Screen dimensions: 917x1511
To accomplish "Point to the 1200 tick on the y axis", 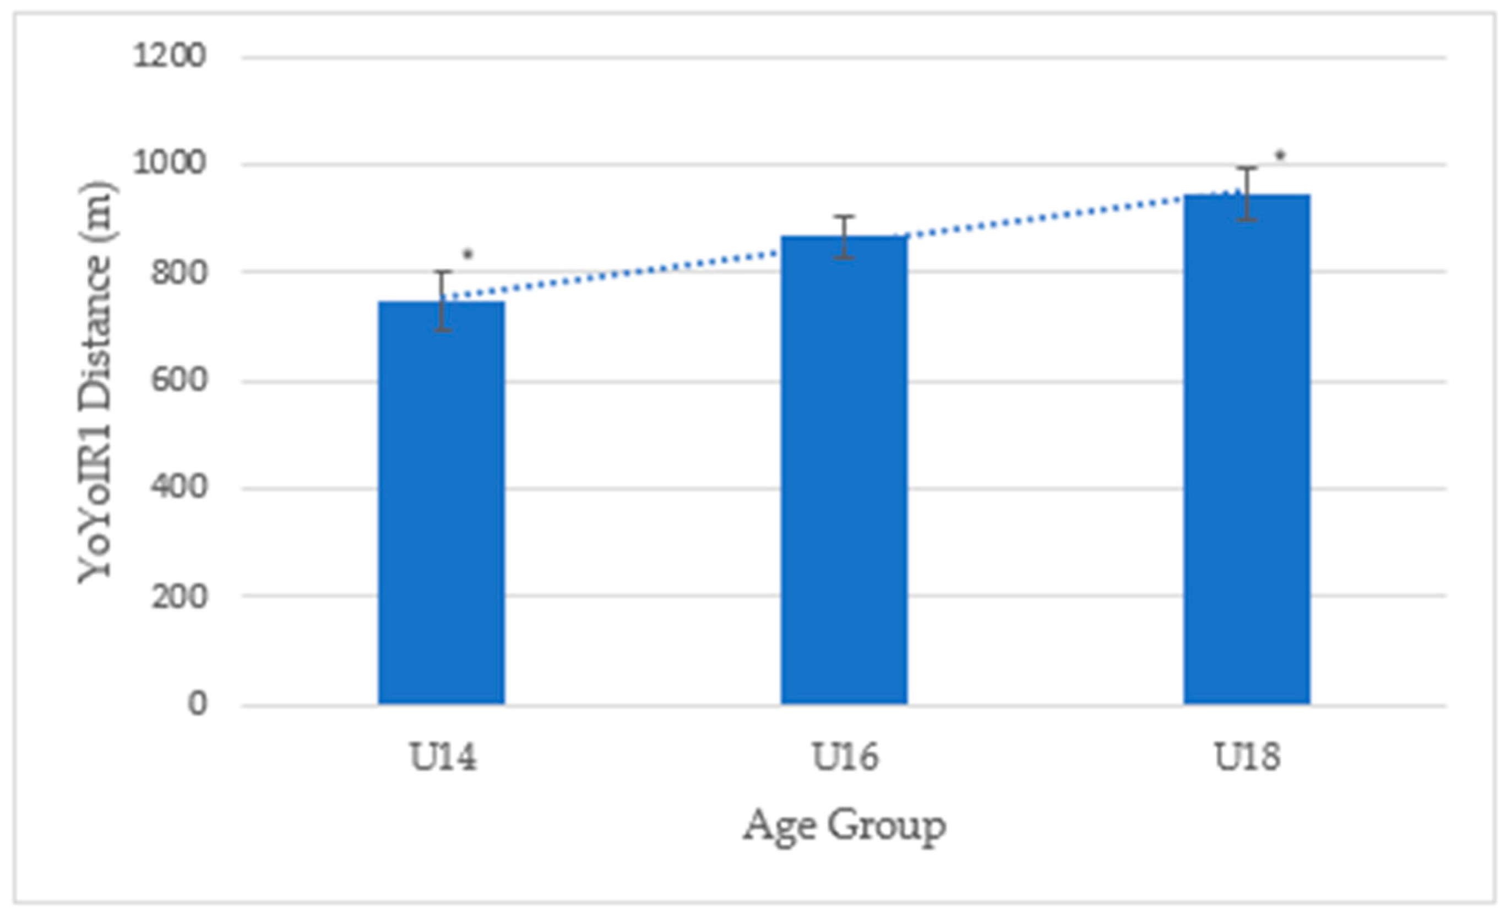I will tap(169, 56).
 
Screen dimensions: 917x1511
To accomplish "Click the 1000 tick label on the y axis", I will tap(169, 164).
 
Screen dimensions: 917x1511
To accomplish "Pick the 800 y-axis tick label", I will tap(178, 272).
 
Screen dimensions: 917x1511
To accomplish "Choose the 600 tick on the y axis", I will tap(178, 381).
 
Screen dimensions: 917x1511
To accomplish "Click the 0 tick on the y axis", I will tap(197, 704).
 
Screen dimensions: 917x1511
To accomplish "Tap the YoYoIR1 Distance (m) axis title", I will tap(97, 382).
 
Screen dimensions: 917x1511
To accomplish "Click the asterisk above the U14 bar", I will tap(468, 254).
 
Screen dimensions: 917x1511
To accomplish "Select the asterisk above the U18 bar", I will tap(1280, 156).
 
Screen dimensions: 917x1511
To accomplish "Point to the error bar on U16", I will tap(844, 237).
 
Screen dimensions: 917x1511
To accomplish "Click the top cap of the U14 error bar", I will tap(443, 271).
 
